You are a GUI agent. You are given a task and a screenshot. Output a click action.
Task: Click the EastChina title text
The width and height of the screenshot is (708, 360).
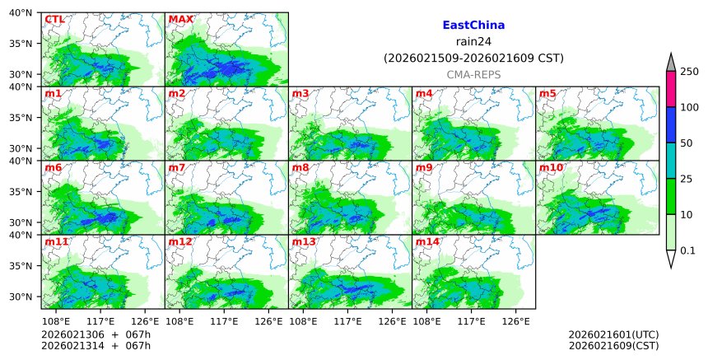[473, 26]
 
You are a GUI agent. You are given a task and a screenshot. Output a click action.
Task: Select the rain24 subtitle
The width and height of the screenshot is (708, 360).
[473, 42]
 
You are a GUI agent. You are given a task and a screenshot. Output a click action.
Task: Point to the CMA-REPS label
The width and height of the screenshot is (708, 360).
[473, 75]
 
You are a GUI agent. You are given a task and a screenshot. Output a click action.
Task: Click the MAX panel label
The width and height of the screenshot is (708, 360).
[180, 19]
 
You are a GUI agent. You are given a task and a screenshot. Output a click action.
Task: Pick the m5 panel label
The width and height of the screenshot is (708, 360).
[548, 93]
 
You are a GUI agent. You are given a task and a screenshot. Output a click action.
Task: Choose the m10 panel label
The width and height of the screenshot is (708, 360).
[551, 167]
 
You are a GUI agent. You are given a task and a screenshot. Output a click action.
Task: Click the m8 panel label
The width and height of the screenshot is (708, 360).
[301, 167]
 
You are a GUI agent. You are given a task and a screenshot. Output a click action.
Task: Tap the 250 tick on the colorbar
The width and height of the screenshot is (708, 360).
[690, 72]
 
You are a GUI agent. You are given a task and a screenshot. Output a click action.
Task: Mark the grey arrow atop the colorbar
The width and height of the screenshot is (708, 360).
[671, 63]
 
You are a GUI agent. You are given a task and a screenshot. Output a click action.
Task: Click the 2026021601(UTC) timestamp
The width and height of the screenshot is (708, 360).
[613, 334]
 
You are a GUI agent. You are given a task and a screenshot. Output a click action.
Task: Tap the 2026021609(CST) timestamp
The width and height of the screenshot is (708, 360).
[613, 345]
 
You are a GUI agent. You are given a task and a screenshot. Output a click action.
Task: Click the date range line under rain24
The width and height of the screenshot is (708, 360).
[473, 58]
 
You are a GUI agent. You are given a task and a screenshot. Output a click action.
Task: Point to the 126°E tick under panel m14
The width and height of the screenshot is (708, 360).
[515, 321]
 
